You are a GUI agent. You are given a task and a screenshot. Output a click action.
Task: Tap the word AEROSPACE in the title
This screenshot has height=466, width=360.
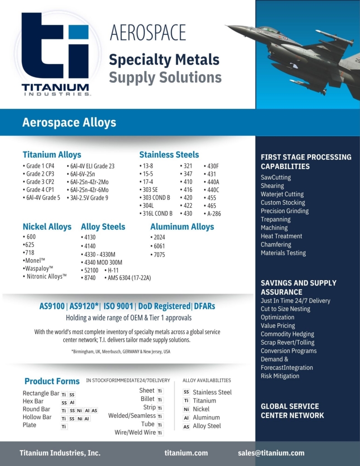(x=148, y=33)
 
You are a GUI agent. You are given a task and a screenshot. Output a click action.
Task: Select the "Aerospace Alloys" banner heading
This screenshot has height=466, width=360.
(x=69, y=122)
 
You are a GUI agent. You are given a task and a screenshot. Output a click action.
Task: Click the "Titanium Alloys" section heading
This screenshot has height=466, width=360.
(x=52, y=155)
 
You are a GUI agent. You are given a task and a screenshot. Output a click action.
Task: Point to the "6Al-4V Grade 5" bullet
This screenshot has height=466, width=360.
(x=43, y=198)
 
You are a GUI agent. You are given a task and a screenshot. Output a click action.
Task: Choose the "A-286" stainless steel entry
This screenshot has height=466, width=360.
(x=214, y=214)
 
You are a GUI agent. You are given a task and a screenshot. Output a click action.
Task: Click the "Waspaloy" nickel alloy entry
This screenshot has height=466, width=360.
(x=39, y=268)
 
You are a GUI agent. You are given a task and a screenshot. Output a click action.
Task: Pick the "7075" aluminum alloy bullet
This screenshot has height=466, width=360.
(x=159, y=255)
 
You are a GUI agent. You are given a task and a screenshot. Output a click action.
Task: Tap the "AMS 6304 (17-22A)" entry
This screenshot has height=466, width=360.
(x=129, y=278)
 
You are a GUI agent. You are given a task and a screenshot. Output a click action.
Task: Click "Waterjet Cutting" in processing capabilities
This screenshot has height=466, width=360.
(x=282, y=194)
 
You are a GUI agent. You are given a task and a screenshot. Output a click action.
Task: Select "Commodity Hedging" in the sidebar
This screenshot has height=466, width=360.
(x=287, y=334)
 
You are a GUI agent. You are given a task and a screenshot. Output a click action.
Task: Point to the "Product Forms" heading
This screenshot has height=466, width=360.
(x=52, y=381)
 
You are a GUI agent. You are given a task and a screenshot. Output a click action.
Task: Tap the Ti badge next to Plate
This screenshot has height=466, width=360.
(x=64, y=426)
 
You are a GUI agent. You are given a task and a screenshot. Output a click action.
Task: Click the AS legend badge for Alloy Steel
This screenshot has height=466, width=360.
(x=186, y=426)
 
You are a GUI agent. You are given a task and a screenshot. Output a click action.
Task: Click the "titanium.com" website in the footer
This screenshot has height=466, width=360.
(x=186, y=453)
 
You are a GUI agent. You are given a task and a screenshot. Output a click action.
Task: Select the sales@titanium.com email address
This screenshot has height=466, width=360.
(x=271, y=453)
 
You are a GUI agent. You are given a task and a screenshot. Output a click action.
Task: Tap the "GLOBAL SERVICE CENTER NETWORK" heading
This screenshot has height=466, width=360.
(x=292, y=411)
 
